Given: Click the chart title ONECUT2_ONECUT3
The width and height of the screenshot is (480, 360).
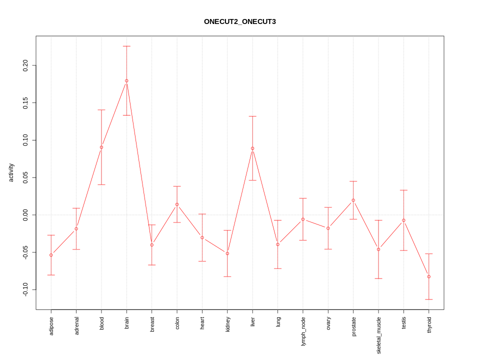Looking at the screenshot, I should tap(239, 21).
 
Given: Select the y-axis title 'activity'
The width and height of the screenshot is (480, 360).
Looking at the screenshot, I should tap(11, 172).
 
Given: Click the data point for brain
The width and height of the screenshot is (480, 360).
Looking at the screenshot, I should tap(126, 80).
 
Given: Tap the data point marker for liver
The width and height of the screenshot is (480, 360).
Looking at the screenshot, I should tap(252, 148).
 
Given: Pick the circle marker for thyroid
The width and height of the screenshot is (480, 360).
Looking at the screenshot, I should tap(429, 276).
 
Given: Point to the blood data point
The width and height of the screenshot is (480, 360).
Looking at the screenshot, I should tap(101, 147).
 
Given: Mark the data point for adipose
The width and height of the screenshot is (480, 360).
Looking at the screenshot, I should tap(51, 255).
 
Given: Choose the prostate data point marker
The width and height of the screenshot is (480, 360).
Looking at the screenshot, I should tap(353, 200).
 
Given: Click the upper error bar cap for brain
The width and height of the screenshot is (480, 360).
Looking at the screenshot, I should tap(126, 46).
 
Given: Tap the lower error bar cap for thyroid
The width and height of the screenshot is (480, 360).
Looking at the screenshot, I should tap(429, 299).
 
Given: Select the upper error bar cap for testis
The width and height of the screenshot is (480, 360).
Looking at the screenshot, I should tap(403, 190).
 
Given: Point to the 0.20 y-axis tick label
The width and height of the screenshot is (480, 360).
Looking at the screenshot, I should tap(25, 65).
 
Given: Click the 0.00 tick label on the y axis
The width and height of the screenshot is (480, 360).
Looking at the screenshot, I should tap(25, 215).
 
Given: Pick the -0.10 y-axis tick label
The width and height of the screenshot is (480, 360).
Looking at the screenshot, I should tap(25, 289).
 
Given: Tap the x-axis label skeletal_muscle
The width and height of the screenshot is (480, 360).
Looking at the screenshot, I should tap(379, 335).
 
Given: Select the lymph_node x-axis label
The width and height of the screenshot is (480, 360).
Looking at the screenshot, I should tap(303, 331).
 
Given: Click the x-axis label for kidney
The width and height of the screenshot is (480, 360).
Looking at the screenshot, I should tap(227, 324).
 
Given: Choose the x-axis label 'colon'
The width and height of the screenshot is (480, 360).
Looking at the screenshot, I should tap(177, 322).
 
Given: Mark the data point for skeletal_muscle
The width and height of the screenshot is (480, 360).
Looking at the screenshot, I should tap(378, 249).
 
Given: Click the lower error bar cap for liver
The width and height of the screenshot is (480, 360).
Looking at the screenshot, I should tap(252, 180).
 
